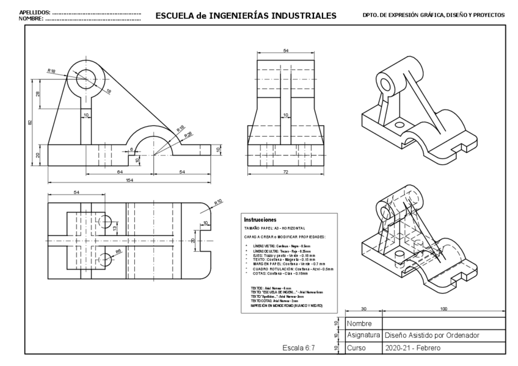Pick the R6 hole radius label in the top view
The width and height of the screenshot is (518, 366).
(x=119, y=251)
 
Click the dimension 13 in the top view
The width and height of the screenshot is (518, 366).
(x=115, y=228)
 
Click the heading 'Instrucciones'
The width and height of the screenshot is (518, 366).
(x=260, y=220)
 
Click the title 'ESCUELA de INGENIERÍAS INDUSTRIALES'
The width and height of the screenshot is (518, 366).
(x=246, y=15)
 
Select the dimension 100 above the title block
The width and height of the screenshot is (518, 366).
(x=444, y=309)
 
